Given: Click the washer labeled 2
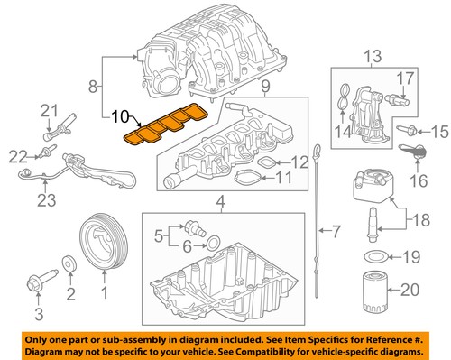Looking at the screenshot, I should (67, 263).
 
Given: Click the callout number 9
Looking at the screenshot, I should (267, 89).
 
